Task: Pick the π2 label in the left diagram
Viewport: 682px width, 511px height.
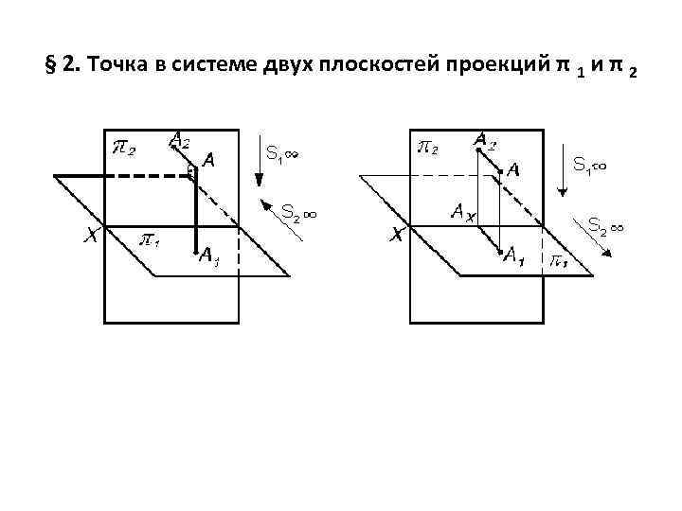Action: tap(124, 149)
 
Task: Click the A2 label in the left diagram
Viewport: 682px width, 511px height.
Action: tap(181, 140)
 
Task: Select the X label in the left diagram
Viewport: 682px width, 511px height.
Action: tap(91, 238)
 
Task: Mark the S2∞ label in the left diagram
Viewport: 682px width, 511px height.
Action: tap(297, 214)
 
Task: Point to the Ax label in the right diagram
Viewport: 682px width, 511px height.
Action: tap(464, 213)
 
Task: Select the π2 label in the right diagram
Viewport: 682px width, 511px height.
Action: tap(431, 148)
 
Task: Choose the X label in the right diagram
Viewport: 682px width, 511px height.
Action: tap(398, 238)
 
